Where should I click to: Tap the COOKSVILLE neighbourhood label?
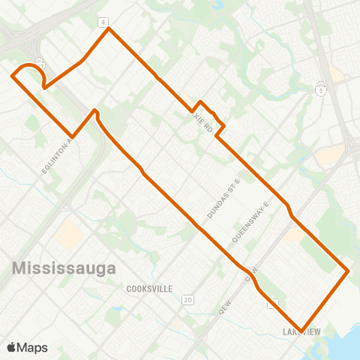click(149, 288)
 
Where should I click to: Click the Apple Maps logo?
click(27, 347)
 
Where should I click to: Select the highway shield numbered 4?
click(103, 21)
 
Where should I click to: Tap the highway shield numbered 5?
click(320, 91)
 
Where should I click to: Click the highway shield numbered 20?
click(187, 300)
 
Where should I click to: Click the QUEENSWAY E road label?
click(250, 221)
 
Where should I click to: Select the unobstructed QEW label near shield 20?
click(223, 308)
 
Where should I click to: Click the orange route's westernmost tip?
click(11, 75)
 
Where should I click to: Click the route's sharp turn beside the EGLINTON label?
click(72, 136)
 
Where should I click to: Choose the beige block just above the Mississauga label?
click(67, 234)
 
